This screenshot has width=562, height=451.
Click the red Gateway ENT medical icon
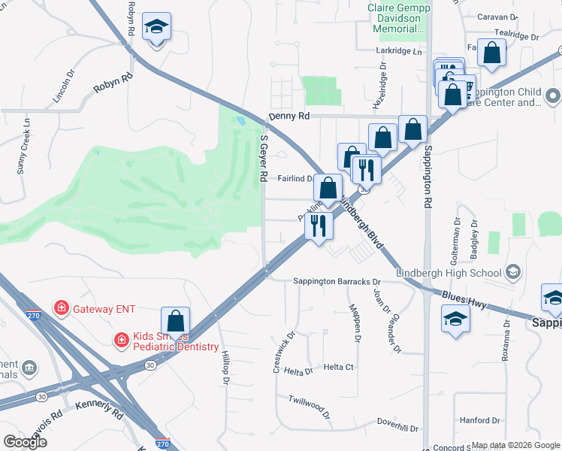60,308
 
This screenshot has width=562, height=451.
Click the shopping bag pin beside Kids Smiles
175,321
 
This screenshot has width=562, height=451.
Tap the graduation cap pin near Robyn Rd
156,27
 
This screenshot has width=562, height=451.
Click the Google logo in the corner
26,441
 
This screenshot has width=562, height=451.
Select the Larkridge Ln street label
399,51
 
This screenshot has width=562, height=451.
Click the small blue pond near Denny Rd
240,120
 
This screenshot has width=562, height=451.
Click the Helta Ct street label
338,367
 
